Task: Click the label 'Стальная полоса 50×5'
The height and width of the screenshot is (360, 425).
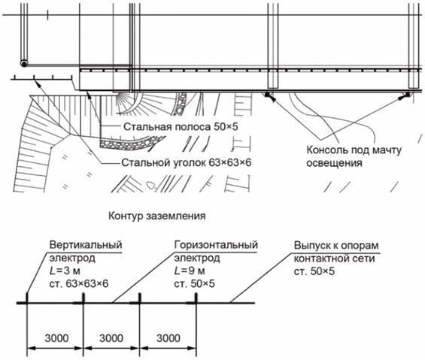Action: point(181,126)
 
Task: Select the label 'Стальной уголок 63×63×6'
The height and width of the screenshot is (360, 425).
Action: point(187,162)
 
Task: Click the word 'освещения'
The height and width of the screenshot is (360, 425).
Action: point(334,163)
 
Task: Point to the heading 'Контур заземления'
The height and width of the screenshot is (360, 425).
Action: point(157,216)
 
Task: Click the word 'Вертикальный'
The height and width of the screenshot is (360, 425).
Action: point(86,245)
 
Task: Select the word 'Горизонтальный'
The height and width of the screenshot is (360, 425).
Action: point(216,245)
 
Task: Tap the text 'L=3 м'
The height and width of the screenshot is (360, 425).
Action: point(65,271)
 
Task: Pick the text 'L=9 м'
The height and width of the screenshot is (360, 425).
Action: point(190,271)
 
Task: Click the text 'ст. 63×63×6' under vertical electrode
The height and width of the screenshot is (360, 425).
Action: point(79,283)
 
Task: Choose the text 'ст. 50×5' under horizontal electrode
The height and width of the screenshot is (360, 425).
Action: point(194,283)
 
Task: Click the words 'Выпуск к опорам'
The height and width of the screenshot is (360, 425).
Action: point(336,246)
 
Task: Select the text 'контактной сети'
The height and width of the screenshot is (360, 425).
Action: point(335,258)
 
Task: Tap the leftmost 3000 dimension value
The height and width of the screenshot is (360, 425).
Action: point(56,338)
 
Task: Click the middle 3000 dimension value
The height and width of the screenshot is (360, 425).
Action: point(111,338)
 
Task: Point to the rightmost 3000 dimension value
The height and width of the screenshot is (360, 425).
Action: point(168,338)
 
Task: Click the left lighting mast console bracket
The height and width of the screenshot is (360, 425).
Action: point(268,95)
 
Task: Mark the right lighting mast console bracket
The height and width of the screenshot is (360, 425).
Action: point(407,95)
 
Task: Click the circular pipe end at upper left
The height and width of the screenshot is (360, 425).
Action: point(24,64)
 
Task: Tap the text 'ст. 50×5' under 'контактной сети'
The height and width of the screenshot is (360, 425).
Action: point(314,271)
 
